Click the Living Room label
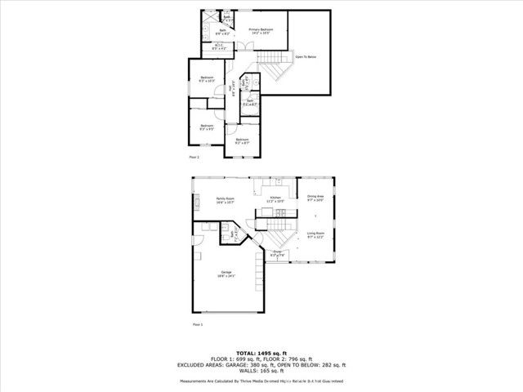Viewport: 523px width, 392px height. tap(315, 235)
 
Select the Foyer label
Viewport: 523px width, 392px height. tap(278, 254)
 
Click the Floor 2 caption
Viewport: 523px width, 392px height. tap(194, 156)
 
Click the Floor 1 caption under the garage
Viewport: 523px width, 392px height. tap(196, 324)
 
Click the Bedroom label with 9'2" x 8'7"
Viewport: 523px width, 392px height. tap(242, 141)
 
